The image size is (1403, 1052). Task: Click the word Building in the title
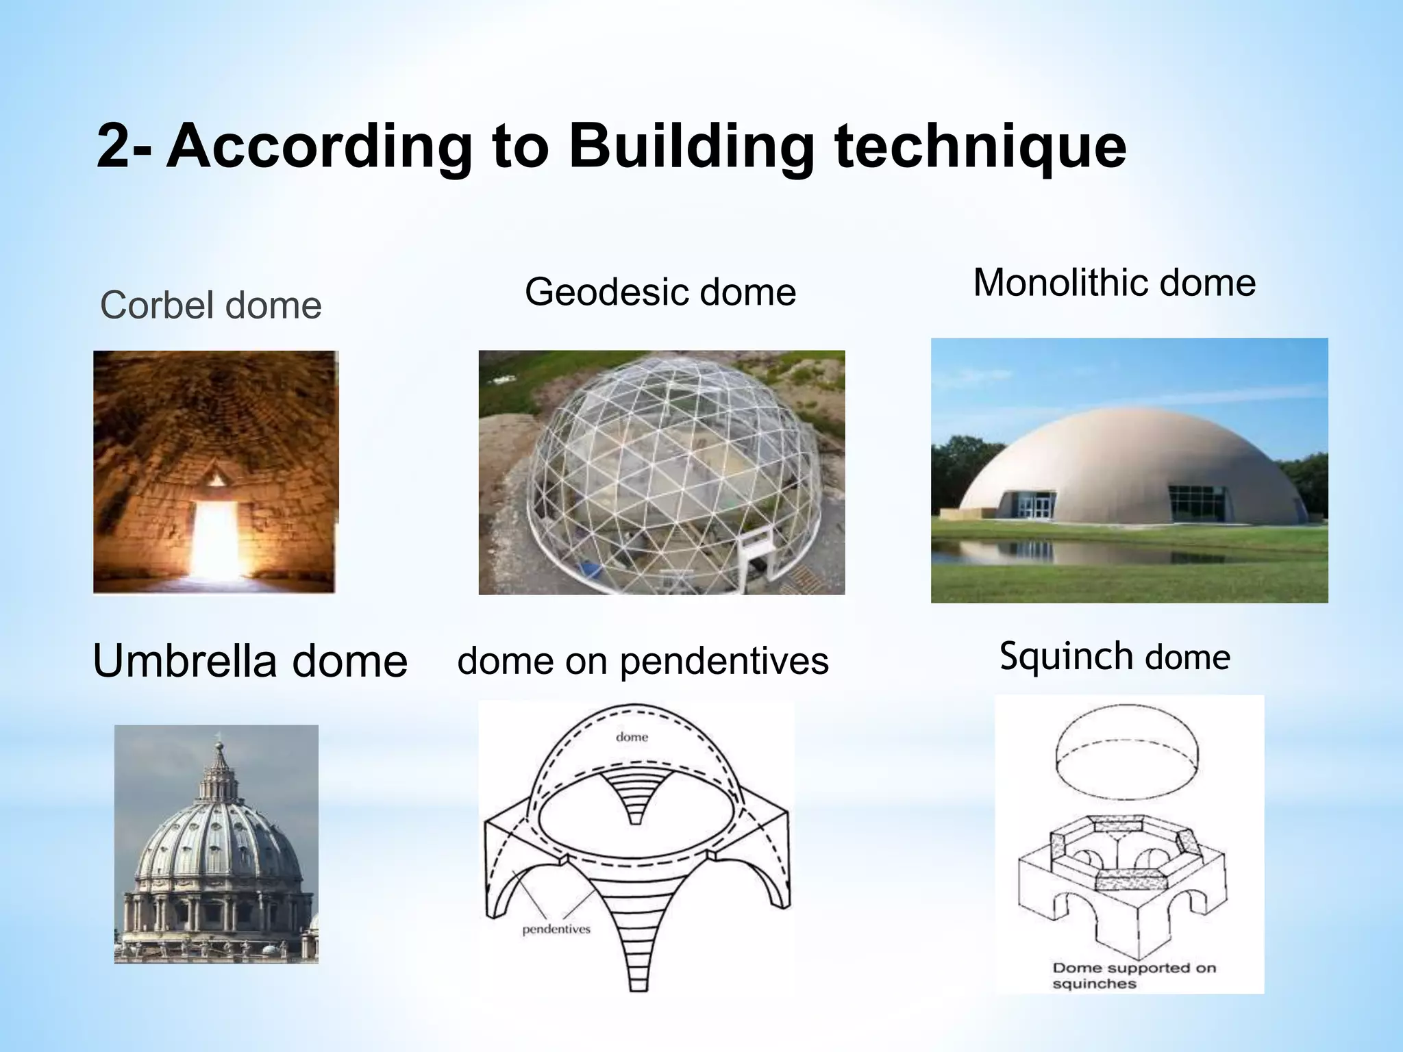point(692,147)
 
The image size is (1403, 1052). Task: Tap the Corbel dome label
point(210,305)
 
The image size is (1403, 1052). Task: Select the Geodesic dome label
point(660,292)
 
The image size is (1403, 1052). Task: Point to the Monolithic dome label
point(1115,282)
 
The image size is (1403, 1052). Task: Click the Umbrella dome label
point(250,662)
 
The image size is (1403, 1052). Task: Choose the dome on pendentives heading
point(643,662)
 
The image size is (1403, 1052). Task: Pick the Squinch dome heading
point(1115,656)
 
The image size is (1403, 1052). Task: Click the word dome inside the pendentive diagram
point(632,737)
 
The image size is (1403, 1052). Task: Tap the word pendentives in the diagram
point(556,929)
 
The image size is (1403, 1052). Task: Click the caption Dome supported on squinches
point(1134,975)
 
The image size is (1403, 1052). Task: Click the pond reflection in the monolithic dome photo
point(1014,551)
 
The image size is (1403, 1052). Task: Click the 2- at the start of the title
point(123,147)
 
